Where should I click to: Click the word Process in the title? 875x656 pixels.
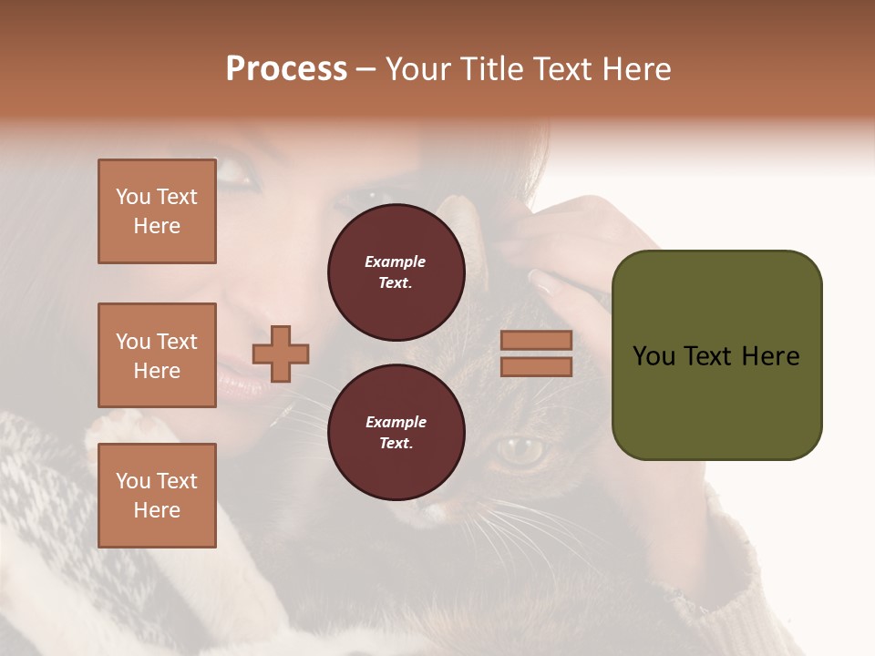click(286, 69)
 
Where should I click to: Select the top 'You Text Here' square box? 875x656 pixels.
click(157, 211)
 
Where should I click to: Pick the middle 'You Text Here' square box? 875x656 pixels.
click(157, 355)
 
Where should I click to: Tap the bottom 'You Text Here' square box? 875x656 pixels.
click(157, 496)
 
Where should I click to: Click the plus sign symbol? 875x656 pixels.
click(281, 354)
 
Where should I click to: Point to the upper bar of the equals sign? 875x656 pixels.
click(536, 340)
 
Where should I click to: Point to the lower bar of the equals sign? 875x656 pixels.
click(536, 367)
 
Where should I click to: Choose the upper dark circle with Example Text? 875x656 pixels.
click(396, 272)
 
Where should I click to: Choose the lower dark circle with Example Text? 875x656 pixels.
click(396, 432)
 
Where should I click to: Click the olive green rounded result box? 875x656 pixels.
click(716, 355)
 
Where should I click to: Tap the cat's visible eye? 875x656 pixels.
click(521, 448)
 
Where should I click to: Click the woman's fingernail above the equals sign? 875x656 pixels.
click(545, 282)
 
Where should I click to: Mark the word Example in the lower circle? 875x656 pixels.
click(396, 422)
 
